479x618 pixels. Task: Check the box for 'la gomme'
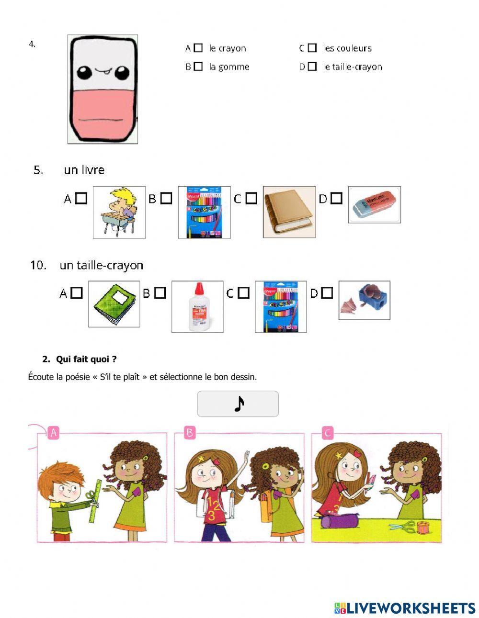(198, 67)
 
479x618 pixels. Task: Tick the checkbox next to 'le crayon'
(198, 48)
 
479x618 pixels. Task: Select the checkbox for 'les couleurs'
(312, 48)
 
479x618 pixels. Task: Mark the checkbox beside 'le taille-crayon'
(312, 67)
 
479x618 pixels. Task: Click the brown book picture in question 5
(289, 212)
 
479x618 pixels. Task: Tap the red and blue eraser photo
(374, 205)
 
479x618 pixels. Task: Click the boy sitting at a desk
(119, 212)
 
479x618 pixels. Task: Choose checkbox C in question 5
(251, 198)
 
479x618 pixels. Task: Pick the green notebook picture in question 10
(114, 303)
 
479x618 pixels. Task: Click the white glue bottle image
(197, 306)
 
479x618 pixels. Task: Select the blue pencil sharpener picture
(365, 300)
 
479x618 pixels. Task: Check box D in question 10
(327, 292)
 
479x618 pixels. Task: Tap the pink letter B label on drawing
(190, 433)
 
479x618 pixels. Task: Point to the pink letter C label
(328, 434)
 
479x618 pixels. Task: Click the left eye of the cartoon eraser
(85, 73)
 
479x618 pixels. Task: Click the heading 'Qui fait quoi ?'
(86, 359)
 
